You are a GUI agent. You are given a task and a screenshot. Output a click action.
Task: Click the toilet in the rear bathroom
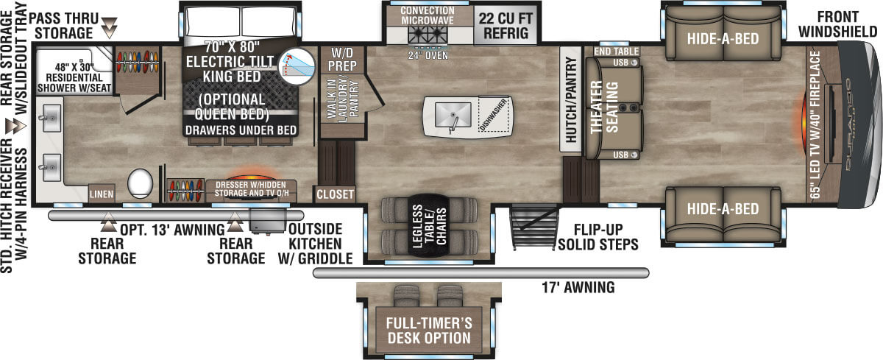(140, 181)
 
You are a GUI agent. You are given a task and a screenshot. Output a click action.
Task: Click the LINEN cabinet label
(100, 193)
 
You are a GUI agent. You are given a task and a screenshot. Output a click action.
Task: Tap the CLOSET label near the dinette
(335, 195)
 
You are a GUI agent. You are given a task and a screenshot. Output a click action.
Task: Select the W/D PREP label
(343, 61)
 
